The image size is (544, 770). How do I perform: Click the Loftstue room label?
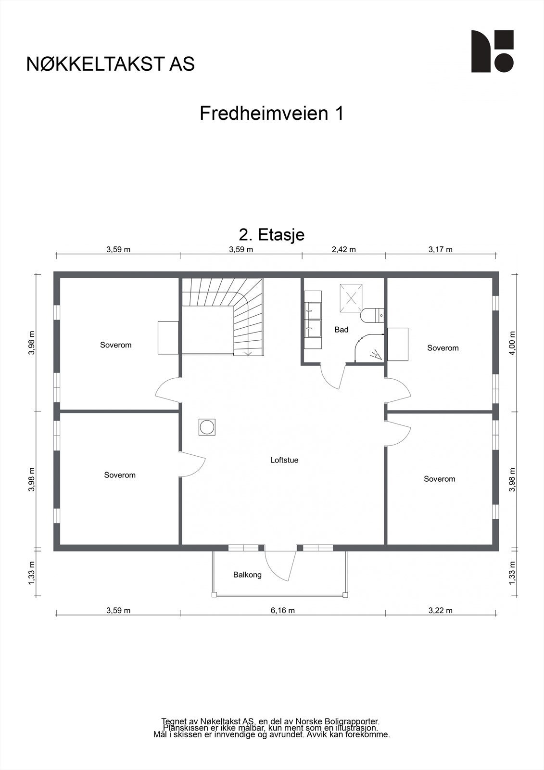coord(284,460)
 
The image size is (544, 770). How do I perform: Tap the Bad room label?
coord(342,330)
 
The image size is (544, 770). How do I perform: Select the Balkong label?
coord(247,575)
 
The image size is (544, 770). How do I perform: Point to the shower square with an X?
coord(352,298)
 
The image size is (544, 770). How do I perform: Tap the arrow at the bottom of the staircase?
coord(248,353)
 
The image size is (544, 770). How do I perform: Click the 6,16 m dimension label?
coord(283,610)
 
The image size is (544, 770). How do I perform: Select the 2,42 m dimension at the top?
coord(344,249)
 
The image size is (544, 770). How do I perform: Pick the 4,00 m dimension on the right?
coord(512,343)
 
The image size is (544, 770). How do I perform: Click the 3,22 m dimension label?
coord(441,610)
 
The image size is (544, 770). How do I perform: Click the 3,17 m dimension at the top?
coord(441,249)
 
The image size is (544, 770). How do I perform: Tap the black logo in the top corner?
coord(492,51)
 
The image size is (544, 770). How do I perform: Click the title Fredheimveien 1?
coord(272,114)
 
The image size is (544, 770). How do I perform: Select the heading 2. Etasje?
coord(272,235)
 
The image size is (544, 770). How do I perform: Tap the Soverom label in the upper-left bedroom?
coord(115,345)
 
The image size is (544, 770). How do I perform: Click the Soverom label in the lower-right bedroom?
coord(439,479)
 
